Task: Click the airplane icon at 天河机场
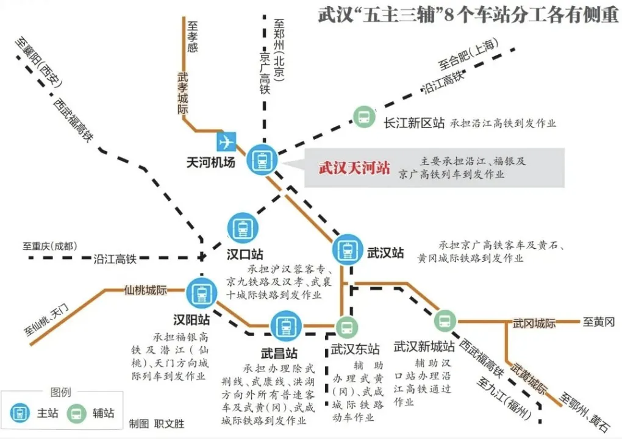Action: [x=226, y=141]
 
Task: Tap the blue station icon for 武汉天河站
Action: [x=262, y=160]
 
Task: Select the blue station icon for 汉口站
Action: [x=243, y=229]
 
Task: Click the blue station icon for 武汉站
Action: [x=348, y=249]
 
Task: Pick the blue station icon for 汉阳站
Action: [x=201, y=293]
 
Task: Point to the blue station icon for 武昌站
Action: [x=285, y=326]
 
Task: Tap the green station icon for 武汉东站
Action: [x=347, y=327]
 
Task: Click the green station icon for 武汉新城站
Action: [x=445, y=321]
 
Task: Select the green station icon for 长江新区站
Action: [x=364, y=117]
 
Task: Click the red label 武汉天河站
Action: [x=354, y=168]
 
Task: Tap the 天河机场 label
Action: [x=210, y=163]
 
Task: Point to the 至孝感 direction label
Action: [x=192, y=37]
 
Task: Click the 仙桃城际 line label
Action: [x=146, y=290]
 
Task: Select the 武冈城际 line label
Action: [x=534, y=324]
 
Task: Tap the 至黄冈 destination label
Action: [x=599, y=322]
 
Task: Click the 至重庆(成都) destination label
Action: [x=49, y=246]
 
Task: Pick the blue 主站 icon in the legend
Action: [x=20, y=413]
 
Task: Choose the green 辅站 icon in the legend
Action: [x=76, y=413]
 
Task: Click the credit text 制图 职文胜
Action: [x=157, y=424]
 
